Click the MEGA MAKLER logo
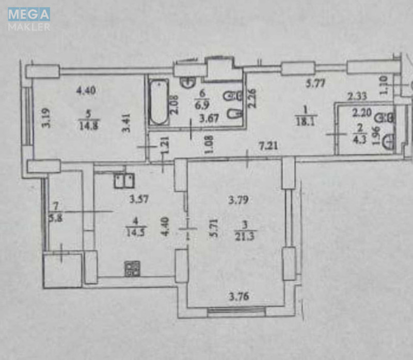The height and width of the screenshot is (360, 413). (x=29, y=19)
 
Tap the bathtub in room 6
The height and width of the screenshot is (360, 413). (x=158, y=102)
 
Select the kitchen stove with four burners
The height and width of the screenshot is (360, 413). (x=132, y=268)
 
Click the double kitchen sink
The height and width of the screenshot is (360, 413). (x=124, y=180)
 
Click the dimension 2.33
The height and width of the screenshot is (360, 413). (x=357, y=96)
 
